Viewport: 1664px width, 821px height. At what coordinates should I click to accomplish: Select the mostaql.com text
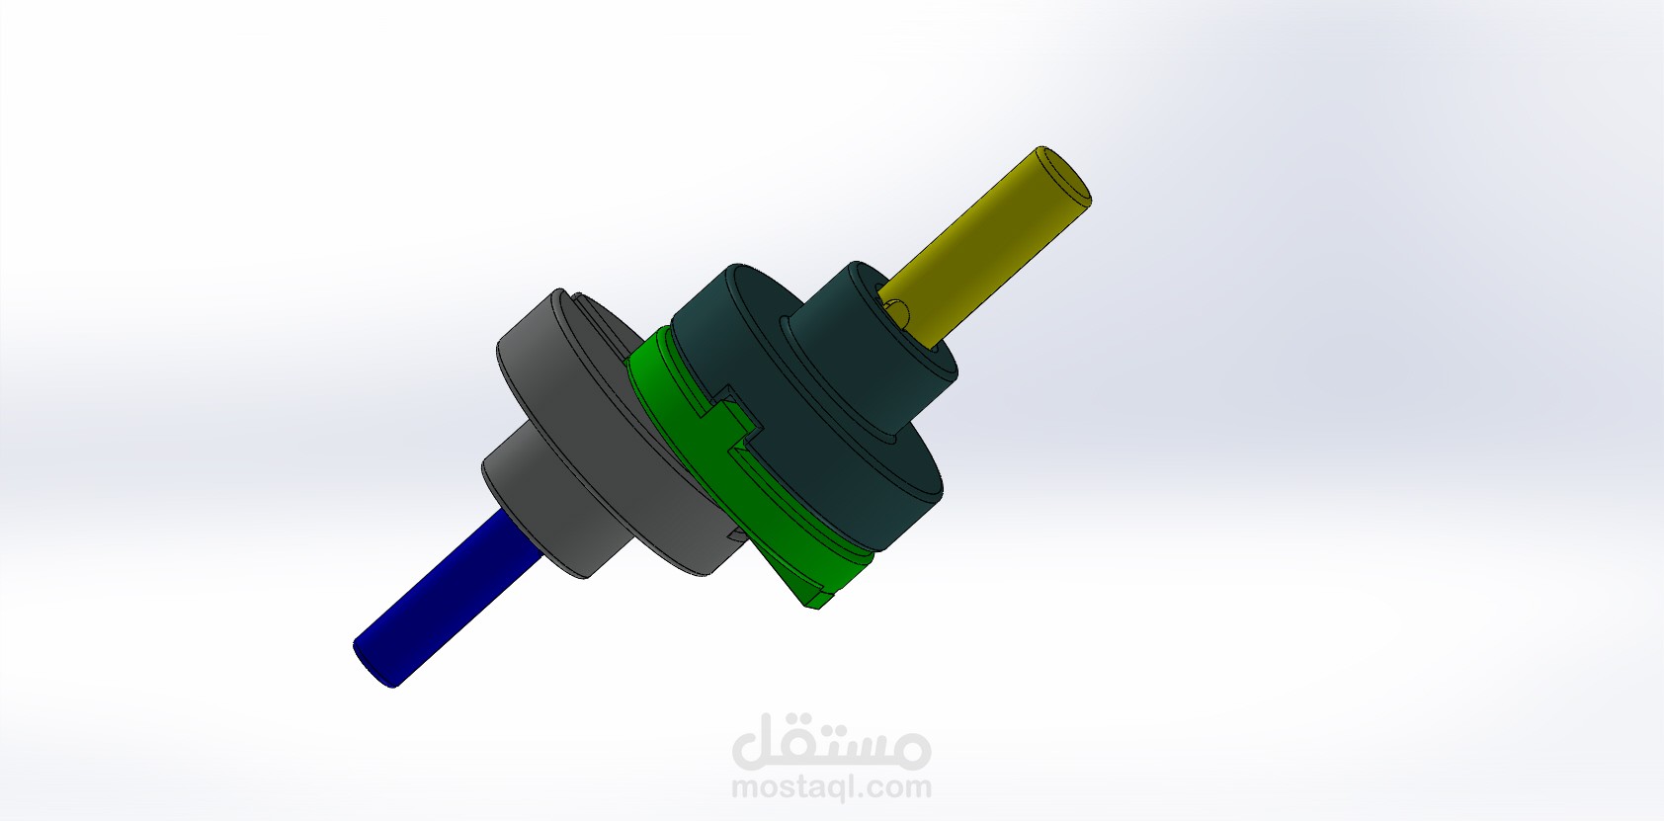(x=831, y=788)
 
